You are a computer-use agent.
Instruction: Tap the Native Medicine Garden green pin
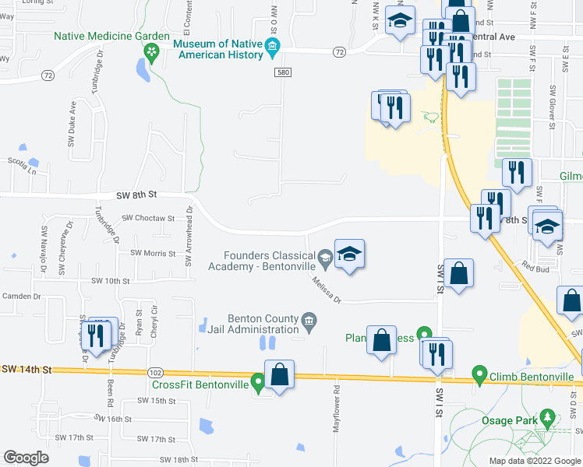[x=151, y=52]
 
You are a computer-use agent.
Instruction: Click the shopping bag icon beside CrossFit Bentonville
[x=279, y=375]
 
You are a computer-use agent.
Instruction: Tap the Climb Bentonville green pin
[x=479, y=377]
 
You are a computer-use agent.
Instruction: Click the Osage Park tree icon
[x=549, y=420]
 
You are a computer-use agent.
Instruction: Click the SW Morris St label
[x=153, y=253]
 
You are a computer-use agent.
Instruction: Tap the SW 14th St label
[x=30, y=370]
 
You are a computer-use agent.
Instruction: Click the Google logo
[x=26, y=458]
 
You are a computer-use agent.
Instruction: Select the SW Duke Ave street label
[x=72, y=122]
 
